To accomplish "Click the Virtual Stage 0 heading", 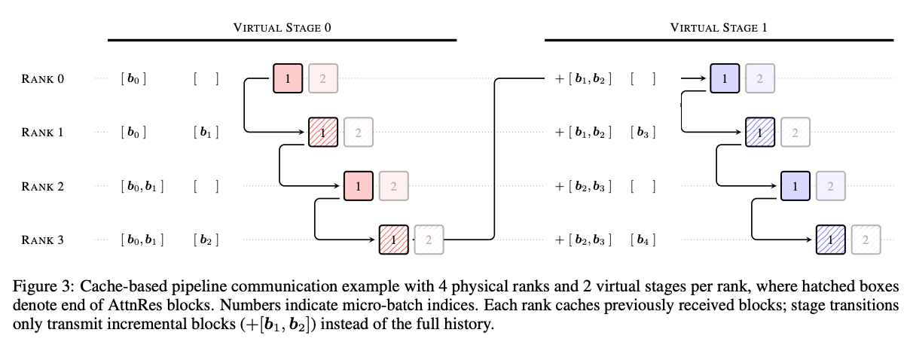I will [282, 28].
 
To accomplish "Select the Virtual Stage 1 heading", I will [719, 28].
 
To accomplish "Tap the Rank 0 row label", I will [43, 78].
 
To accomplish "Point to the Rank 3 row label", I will [43, 240].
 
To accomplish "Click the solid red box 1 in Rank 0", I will [288, 78].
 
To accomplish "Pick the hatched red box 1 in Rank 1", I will [323, 133].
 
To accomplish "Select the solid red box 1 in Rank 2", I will [359, 186].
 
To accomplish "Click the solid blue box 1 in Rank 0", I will [725, 78].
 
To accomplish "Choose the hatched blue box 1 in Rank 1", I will [760, 133].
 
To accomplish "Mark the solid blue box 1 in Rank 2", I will [795, 186].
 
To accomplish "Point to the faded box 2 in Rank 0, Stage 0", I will [323, 78].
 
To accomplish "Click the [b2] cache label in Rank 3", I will [206, 240].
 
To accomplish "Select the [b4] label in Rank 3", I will [643, 240].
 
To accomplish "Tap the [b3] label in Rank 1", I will [643, 133].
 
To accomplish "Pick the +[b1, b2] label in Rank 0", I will [583, 78].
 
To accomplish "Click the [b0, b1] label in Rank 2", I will [142, 186].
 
